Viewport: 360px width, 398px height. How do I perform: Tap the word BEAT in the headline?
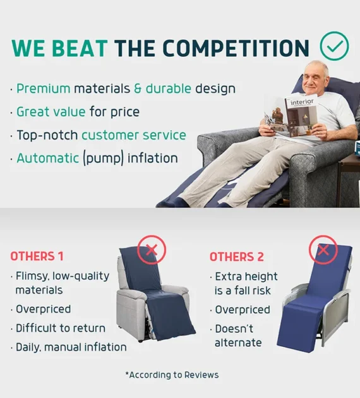(x=80, y=48)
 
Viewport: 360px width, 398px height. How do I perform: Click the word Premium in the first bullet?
(x=44, y=89)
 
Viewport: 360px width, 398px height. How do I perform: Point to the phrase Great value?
(x=51, y=112)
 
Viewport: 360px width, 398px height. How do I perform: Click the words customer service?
(x=134, y=135)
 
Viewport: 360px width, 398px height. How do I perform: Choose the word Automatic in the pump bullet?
(x=48, y=159)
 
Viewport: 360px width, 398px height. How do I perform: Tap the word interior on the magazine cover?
(x=302, y=102)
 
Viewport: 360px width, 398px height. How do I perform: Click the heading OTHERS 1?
(x=37, y=256)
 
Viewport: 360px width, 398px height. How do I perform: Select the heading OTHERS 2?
(x=237, y=257)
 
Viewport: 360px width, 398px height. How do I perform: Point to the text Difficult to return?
(x=61, y=329)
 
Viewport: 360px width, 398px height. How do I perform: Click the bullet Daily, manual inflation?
(x=71, y=347)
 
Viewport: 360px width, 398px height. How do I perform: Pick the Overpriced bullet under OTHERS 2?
(x=243, y=310)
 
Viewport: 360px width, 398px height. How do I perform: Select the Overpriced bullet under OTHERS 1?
(x=44, y=309)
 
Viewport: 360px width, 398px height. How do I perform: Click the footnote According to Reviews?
(x=172, y=375)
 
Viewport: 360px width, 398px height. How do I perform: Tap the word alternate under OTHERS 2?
(x=238, y=343)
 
